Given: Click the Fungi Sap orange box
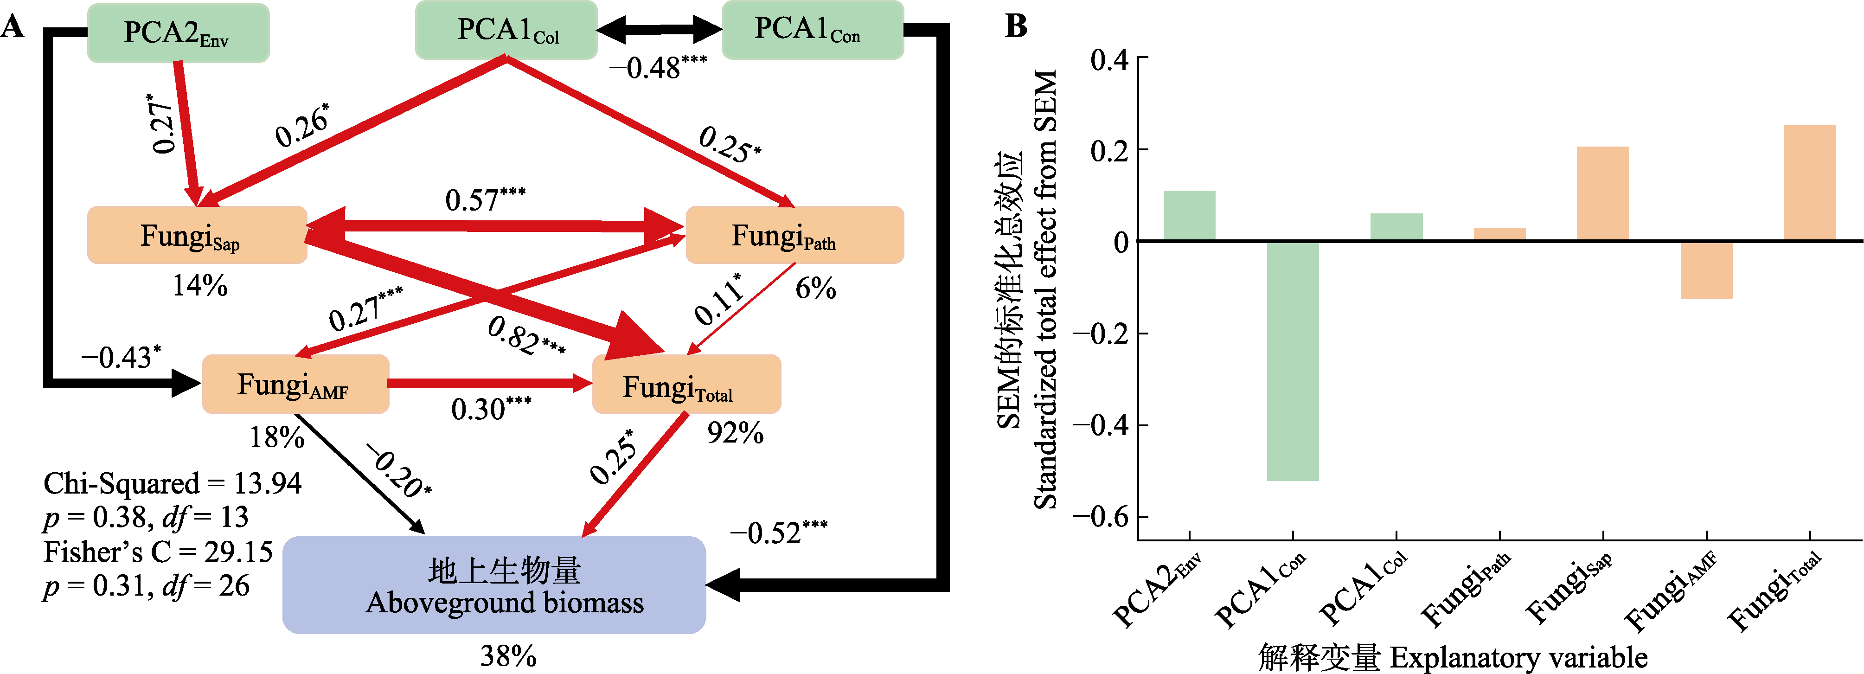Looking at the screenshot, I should click(x=196, y=235).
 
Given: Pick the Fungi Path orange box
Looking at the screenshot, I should click(x=794, y=235).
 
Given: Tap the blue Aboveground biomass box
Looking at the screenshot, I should click(x=493, y=585).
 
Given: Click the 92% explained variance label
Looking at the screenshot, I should click(x=735, y=433).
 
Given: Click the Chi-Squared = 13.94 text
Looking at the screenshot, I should click(x=172, y=483).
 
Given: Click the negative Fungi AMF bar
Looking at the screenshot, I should click(x=1706, y=270).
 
